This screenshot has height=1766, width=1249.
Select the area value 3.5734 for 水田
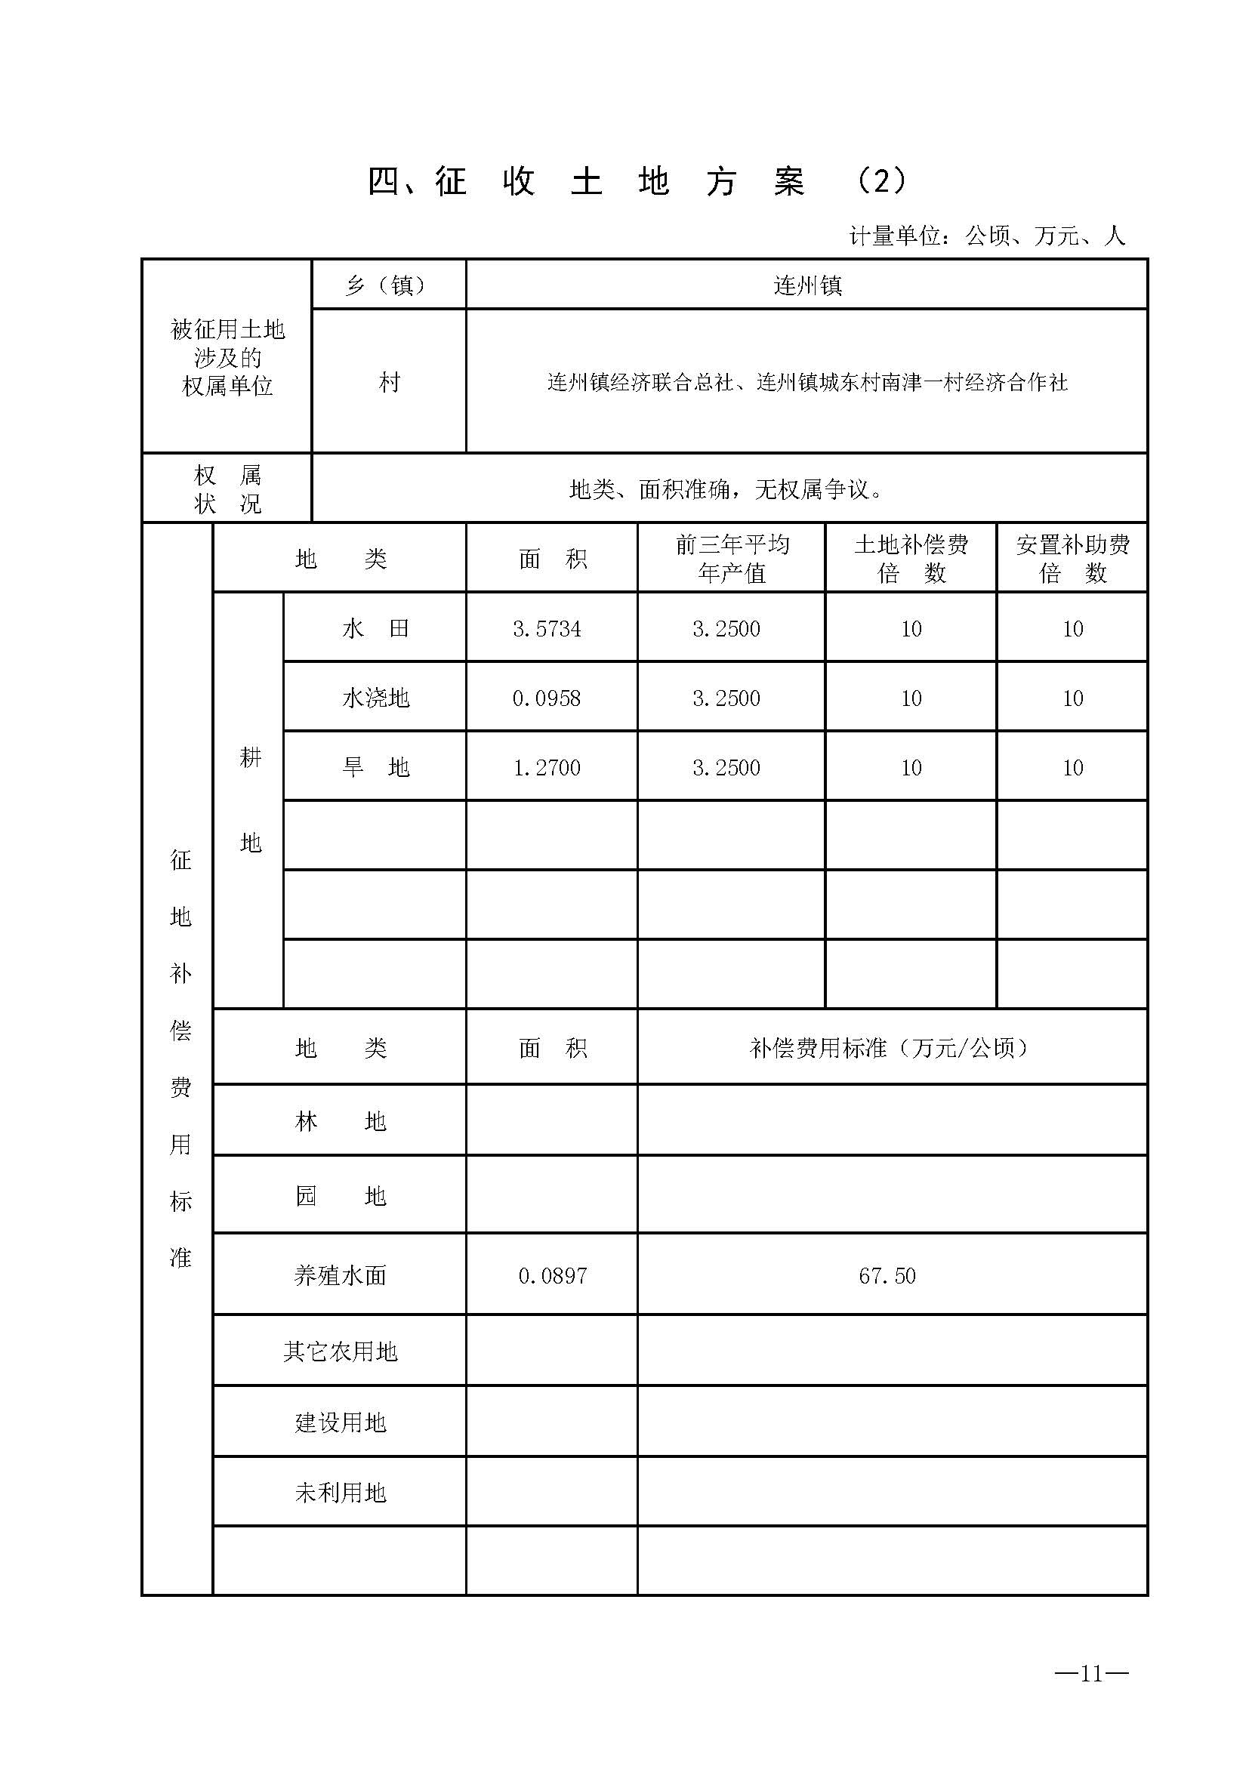(547, 629)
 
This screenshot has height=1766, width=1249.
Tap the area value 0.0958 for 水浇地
(547, 698)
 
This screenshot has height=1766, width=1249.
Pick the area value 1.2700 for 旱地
(547, 768)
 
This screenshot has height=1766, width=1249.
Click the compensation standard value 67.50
(887, 1276)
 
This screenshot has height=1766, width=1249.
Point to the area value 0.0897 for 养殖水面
(552, 1276)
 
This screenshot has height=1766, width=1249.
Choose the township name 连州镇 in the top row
(807, 286)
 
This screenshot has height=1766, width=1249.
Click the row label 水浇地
(375, 698)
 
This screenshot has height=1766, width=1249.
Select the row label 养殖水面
(340, 1276)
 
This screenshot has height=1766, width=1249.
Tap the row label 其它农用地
(340, 1351)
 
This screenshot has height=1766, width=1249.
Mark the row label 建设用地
(340, 1422)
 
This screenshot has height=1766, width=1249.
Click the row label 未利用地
(340, 1493)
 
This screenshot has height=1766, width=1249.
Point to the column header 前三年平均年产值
(732, 559)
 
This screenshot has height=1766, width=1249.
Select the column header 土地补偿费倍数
(911, 559)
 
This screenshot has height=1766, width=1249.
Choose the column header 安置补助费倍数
(1073, 559)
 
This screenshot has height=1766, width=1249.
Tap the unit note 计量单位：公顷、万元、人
(987, 236)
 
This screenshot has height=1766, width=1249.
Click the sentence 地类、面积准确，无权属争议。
(726, 489)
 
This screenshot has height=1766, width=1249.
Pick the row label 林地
(340, 1121)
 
